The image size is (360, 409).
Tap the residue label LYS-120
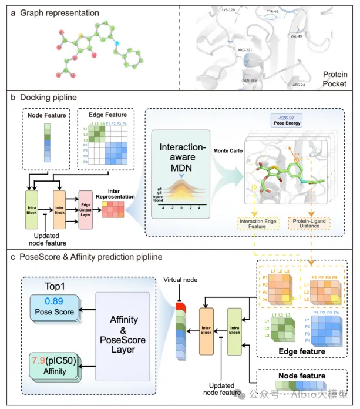[229, 11]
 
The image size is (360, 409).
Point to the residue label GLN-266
[249, 80]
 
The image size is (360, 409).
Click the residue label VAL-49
[297, 36]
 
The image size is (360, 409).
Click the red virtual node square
[179, 306]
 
